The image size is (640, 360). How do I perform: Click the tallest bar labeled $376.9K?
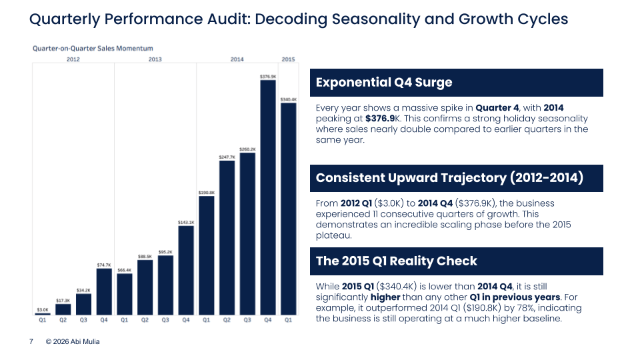[268, 197]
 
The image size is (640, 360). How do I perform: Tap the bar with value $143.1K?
[186, 270]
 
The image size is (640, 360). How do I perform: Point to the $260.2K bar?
[247, 233]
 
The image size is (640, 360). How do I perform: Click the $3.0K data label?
[43, 309]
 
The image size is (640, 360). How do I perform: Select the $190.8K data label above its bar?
[207, 192]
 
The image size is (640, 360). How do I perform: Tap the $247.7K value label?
[227, 157]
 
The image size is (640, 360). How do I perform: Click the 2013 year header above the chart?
[155, 60]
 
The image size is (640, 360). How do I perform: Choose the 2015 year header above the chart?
[288, 60]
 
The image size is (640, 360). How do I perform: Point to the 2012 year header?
[73, 60]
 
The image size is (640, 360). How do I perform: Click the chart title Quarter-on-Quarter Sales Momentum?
[93, 48]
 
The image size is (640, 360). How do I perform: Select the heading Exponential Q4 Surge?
[384, 83]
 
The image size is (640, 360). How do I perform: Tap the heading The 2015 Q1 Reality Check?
[397, 261]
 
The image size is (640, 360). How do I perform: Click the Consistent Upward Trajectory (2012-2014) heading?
[449, 178]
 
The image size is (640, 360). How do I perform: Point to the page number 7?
[31, 342]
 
